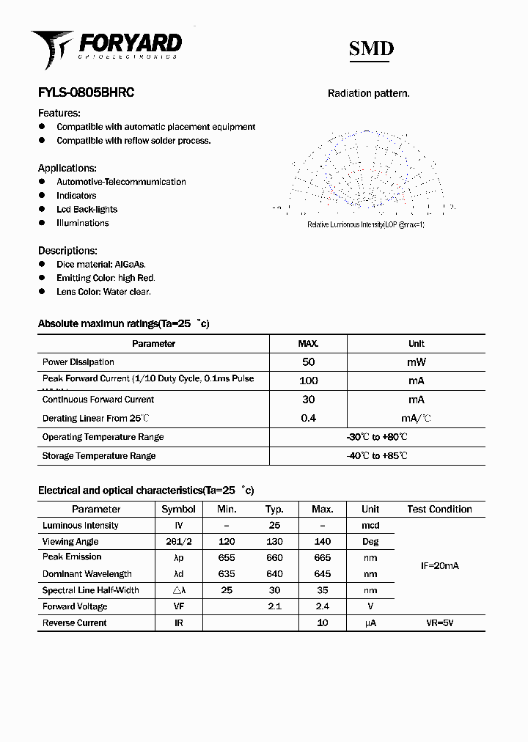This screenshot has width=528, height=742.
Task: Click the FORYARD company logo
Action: pos(106,48)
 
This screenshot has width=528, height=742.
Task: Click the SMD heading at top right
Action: pos(371,48)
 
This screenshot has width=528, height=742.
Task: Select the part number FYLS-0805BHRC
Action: pos(86,93)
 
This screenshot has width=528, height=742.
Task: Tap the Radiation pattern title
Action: pos(368,93)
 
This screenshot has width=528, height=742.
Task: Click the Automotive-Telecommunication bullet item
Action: pos(121,182)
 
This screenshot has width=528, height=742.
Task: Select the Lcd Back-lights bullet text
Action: pos(87,209)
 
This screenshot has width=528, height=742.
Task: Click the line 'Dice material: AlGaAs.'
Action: pos(101,264)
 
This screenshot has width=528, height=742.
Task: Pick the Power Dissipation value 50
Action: pos(308,362)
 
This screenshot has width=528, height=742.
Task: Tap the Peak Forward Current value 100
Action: pos(308,381)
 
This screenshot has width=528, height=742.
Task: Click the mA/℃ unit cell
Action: pos(416,419)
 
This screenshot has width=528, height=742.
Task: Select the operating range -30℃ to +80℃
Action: pos(377,437)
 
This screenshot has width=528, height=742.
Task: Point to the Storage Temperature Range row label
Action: pos(99,456)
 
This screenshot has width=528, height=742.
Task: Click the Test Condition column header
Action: pos(439,509)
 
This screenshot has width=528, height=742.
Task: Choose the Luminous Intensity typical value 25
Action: pos(275,526)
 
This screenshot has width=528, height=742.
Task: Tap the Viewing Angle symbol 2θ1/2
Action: pos(178,542)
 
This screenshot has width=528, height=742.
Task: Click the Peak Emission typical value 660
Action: pos(275,557)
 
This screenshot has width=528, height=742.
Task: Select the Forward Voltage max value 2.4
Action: pos(322,606)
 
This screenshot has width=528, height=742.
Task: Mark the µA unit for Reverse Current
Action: pos(370,623)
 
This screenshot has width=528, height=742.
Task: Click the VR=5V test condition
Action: pos(439,623)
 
